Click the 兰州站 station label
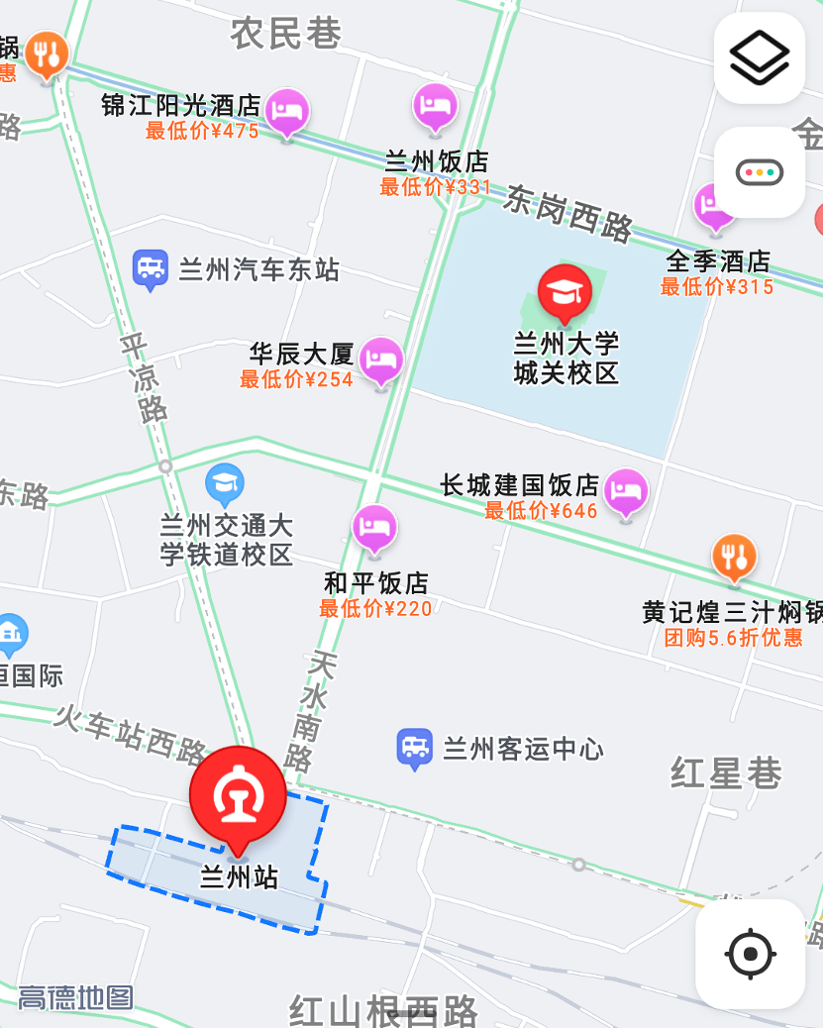[239, 877]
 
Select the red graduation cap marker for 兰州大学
[565, 291]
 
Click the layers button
[760, 58]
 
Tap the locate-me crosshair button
[750, 954]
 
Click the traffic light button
[760, 172]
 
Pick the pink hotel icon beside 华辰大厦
[381, 359]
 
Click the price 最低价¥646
[541, 511]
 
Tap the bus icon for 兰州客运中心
[414, 749]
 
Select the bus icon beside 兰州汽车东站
[151, 267]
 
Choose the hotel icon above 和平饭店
[374, 529]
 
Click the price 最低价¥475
[202, 131]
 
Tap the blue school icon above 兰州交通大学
[225, 483]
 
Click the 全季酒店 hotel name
[718, 261]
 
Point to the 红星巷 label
[726, 773]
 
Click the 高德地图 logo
[75, 996]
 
